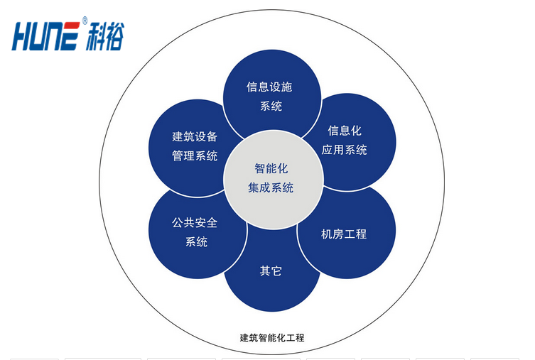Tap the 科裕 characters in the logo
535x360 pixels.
[x=104, y=36]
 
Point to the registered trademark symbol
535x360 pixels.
[x=85, y=21]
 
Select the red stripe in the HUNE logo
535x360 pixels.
[x=70, y=26]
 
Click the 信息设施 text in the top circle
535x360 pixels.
[x=269, y=87]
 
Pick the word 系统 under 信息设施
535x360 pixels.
[x=271, y=106]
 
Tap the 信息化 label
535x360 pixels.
[x=345, y=131]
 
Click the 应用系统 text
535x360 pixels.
[x=345, y=150]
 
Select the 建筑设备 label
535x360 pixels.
[x=195, y=137]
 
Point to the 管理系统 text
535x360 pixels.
[x=195, y=156]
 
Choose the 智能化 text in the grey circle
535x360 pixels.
[x=271, y=168]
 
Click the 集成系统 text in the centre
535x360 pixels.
[x=271, y=187]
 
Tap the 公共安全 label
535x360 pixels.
[x=195, y=223]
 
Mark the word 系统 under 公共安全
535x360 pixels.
[x=196, y=241]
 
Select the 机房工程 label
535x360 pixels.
[x=344, y=234]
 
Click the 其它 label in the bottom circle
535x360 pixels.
[x=271, y=271]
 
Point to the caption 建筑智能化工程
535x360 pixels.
[x=272, y=338]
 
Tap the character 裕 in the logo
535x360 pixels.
[x=115, y=36]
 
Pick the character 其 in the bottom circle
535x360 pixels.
[x=265, y=271]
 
